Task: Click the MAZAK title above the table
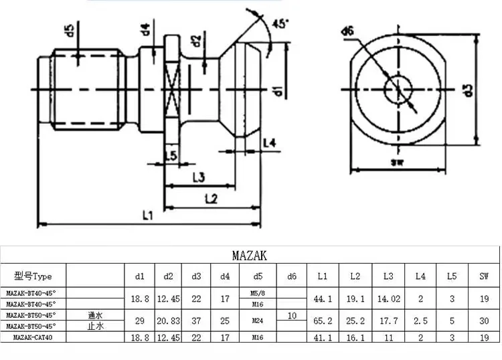250,256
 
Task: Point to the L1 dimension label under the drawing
149,215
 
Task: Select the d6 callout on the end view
347,31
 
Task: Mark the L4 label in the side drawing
270,142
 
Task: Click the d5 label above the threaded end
69,31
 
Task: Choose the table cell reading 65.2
322,321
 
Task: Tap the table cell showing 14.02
388,299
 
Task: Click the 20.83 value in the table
169,321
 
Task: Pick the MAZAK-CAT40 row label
34,338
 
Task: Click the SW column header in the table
483,276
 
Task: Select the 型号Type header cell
33,276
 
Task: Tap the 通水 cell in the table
96,314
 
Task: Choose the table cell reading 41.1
322,338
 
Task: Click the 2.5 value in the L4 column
420,321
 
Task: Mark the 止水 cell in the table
96,327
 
